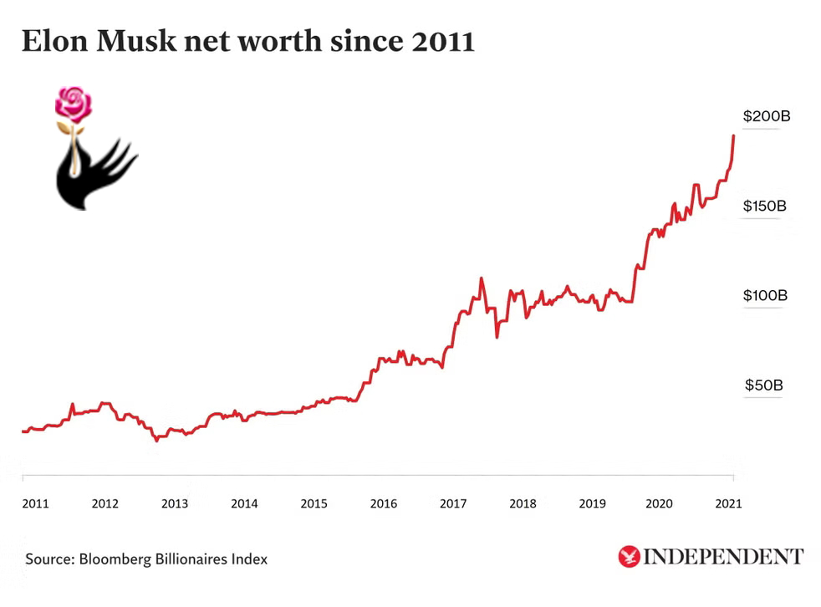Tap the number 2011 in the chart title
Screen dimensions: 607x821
coord(443,41)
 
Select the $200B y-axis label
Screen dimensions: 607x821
coord(766,116)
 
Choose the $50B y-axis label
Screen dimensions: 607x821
coord(763,385)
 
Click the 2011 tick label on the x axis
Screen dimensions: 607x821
coord(35,503)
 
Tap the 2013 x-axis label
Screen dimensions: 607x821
coord(174,503)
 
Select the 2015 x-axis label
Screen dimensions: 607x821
coord(314,503)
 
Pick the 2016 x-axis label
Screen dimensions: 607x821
coord(383,503)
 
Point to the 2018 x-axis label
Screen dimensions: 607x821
coord(523,503)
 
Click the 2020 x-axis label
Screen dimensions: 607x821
coord(660,503)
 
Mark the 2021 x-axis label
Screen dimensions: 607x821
coord(728,503)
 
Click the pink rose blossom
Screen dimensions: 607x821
coord(74,104)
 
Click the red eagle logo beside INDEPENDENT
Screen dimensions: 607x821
coord(629,556)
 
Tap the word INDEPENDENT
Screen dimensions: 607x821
coord(724,556)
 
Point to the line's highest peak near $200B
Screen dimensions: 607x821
coord(733,135)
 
